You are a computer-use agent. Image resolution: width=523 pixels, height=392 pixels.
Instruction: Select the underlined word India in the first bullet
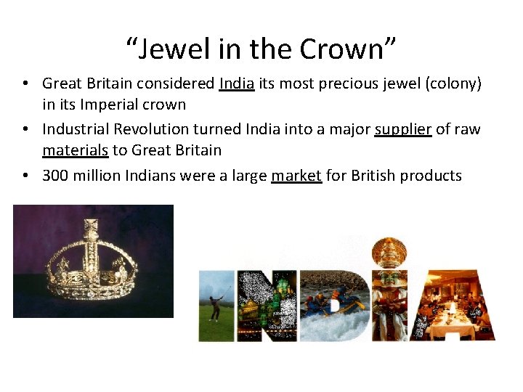pos(236,83)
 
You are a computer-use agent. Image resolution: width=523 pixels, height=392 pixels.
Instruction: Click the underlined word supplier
pos(403,129)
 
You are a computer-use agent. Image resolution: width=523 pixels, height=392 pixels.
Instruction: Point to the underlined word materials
pos(75,150)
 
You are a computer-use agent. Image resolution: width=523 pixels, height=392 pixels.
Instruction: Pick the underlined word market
pos(296,175)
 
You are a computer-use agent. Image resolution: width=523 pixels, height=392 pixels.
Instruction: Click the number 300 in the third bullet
pos(56,175)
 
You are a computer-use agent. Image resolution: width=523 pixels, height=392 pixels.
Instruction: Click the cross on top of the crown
pos(92,219)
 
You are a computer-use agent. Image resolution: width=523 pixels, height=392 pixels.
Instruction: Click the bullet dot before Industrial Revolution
pos(26,129)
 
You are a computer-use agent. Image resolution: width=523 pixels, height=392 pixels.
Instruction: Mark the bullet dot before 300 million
pos(26,175)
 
